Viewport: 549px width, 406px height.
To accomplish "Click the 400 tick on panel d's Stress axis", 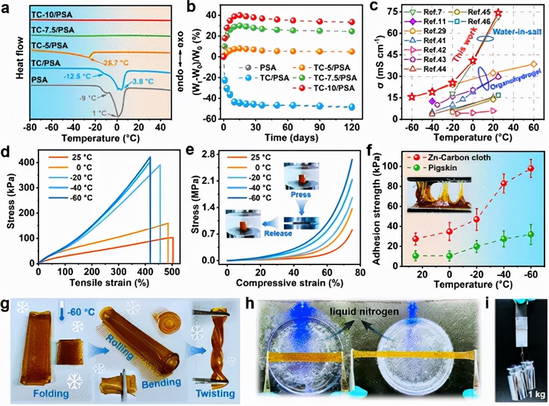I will (26, 162).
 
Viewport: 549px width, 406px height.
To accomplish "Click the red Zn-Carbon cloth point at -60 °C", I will (530, 169).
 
